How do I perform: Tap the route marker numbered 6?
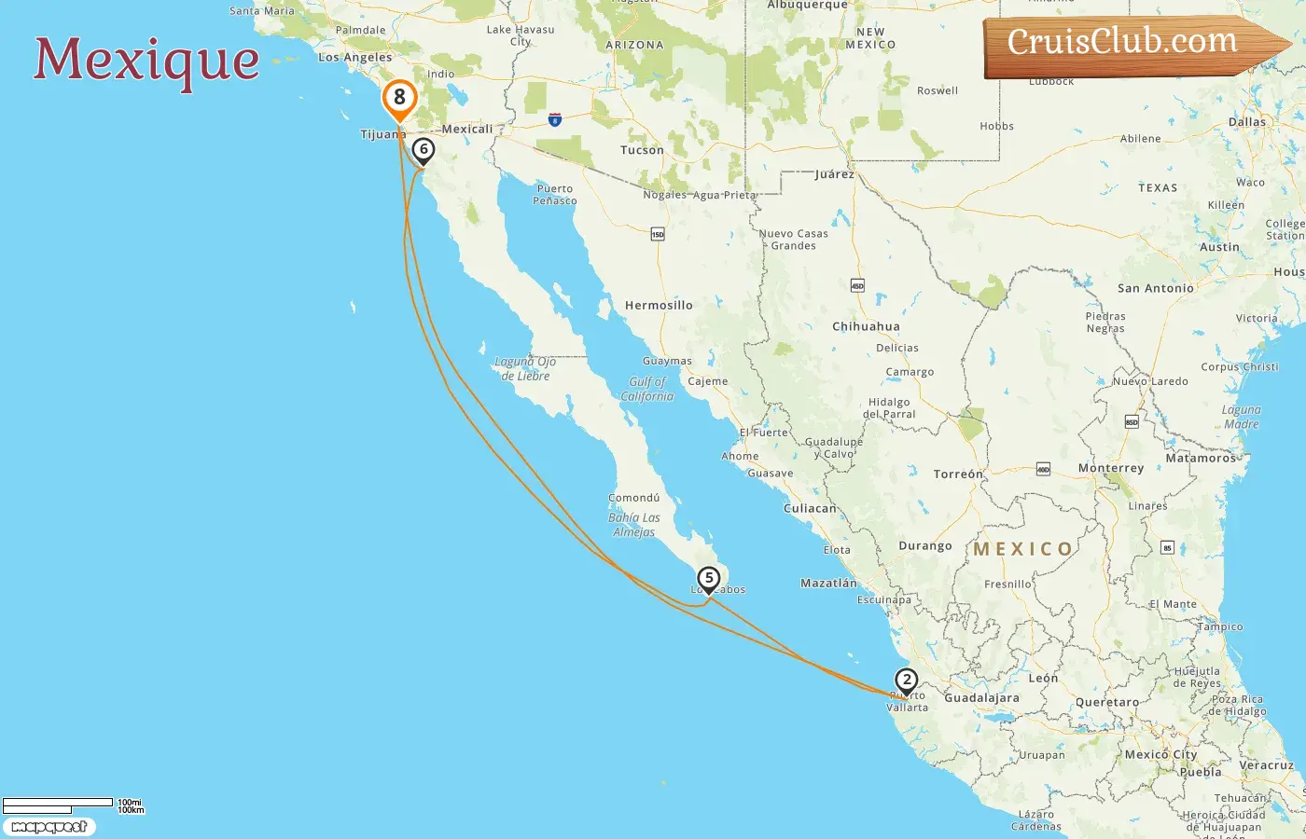click(x=424, y=149)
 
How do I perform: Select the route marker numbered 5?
click(x=709, y=579)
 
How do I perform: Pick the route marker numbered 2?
click(x=906, y=680)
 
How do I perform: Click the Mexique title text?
click(x=147, y=60)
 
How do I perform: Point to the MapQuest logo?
click(x=49, y=827)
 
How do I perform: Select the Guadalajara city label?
click(x=981, y=697)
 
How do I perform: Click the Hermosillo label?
click(x=659, y=305)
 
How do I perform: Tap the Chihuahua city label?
click(x=866, y=326)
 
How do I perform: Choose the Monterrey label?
click(x=1110, y=468)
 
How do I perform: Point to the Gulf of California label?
click(x=647, y=389)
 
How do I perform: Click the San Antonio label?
click(x=1155, y=288)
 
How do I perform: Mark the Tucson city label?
click(x=642, y=150)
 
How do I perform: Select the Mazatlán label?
click(x=828, y=583)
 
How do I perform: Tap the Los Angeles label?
click(x=355, y=57)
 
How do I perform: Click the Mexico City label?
click(x=1160, y=754)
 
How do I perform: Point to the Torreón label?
click(x=958, y=474)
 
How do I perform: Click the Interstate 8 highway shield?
click(x=555, y=119)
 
